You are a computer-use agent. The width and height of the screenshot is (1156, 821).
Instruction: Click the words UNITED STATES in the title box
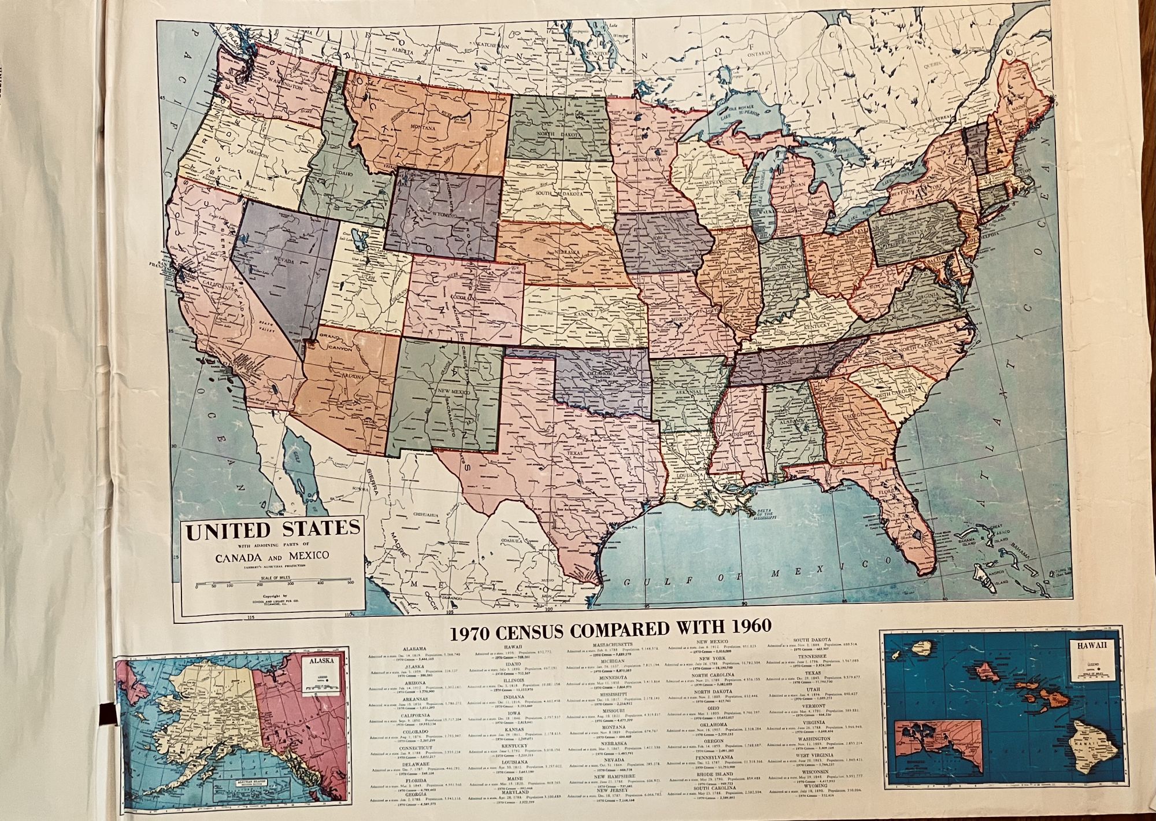coord(272,530)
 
